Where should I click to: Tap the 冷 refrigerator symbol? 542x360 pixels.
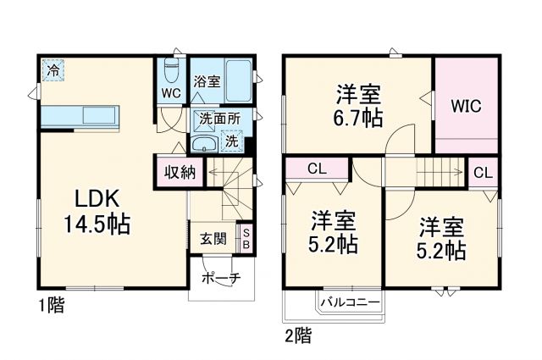pyautogui.click(x=53, y=70)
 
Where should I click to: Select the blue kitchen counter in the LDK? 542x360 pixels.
pyautogui.click(x=80, y=115)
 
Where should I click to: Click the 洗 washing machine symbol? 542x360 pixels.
pyautogui.click(x=230, y=142)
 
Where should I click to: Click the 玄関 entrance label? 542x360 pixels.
pyautogui.click(x=213, y=239)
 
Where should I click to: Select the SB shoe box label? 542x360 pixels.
pyautogui.click(x=246, y=237)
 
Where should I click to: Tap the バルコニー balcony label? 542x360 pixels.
pyautogui.click(x=350, y=301)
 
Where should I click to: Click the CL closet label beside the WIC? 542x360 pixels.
pyautogui.click(x=482, y=172)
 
